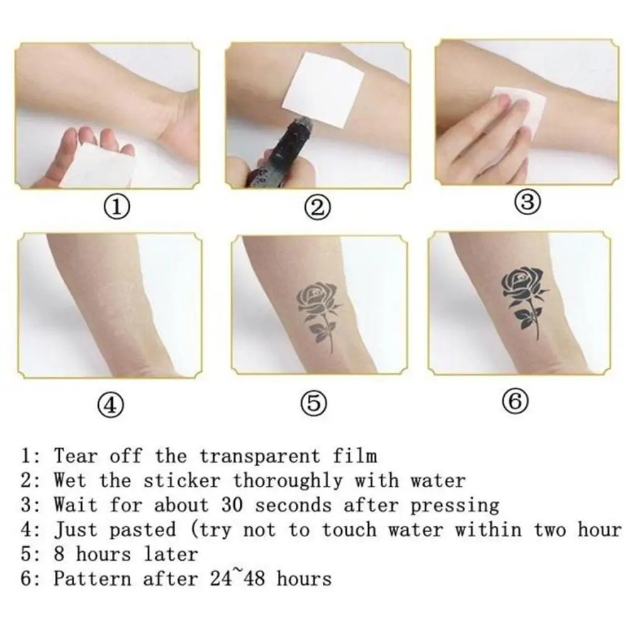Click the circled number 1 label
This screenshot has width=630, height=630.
click(x=116, y=208)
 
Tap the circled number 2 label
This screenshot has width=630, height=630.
click(x=318, y=208)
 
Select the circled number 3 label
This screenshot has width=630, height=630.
click(x=527, y=202)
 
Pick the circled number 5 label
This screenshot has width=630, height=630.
click(x=314, y=403)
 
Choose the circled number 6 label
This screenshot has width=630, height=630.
click(x=516, y=402)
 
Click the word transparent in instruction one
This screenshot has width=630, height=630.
click(x=259, y=456)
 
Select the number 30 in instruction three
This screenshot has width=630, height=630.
click(x=232, y=505)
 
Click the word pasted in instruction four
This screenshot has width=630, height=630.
click(x=143, y=530)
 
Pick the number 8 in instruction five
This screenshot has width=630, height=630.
click(x=59, y=554)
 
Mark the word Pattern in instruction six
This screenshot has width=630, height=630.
click(x=93, y=579)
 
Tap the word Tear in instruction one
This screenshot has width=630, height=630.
click(x=76, y=456)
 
